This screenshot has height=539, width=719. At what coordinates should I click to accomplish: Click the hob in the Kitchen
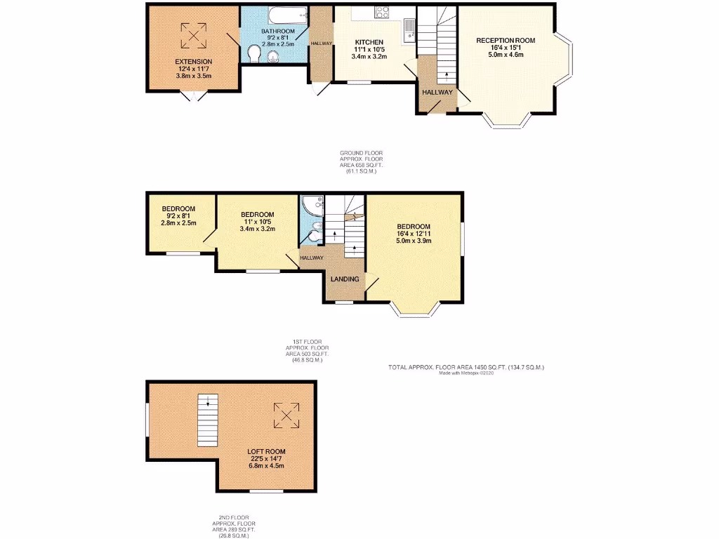[x=383, y=12]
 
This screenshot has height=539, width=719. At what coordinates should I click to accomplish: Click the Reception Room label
[x=505, y=41]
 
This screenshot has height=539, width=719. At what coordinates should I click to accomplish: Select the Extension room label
[x=194, y=62]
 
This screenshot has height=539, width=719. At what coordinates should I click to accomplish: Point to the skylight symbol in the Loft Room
[x=286, y=415]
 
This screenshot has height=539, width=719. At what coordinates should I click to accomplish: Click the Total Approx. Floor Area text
[x=467, y=367]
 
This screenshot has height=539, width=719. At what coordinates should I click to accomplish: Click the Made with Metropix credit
[x=467, y=373]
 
